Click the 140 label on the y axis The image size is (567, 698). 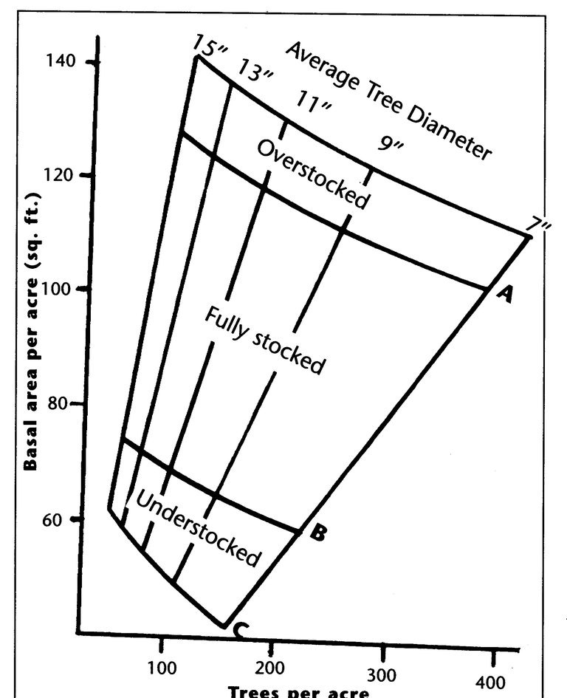61,60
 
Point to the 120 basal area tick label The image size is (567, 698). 58,175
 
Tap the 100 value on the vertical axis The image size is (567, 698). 56,289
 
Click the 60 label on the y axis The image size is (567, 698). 53,519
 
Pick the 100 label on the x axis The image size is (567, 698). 162,668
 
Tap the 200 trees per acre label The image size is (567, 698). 269,668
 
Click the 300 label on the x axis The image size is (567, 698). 381,676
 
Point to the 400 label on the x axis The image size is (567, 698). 490,683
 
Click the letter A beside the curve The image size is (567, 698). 505,293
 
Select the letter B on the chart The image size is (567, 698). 317,532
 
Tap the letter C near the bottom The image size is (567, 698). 239,631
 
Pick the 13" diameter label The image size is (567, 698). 255,70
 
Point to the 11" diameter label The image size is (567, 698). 313,102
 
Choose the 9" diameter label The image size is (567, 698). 391,143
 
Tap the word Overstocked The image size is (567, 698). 313,174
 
